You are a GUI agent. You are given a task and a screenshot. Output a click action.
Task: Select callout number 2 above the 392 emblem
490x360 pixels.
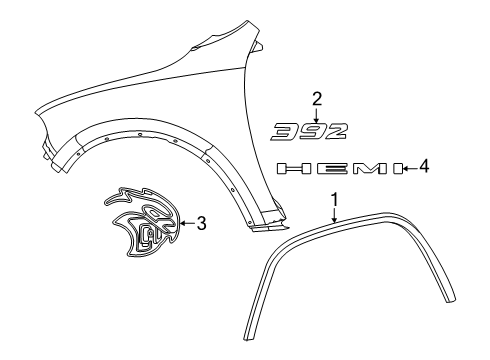317,98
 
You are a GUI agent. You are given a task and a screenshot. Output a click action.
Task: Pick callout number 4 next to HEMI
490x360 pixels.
424,168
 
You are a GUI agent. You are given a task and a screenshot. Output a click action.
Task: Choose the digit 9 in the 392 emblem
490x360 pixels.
315,130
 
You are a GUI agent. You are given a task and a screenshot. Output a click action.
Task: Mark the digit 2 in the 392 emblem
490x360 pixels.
340,130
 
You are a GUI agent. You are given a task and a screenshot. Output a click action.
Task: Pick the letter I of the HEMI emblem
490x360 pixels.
397,169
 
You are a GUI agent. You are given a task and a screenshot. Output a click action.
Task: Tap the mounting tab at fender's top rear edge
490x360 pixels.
258,46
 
